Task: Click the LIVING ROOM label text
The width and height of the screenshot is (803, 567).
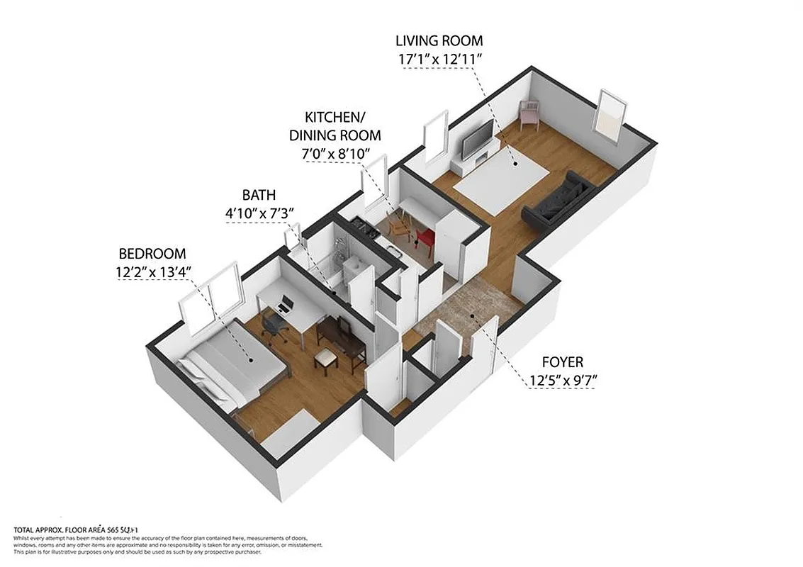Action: point(439,40)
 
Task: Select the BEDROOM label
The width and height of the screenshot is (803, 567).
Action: point(152,253)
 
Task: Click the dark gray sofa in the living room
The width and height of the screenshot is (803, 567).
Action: point(558,201)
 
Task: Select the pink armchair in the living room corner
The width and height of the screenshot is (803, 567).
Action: point(529,113)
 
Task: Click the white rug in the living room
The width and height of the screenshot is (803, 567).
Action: point(502,176)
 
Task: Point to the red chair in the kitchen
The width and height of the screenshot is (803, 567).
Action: point(425,240)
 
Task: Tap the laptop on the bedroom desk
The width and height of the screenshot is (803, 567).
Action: point(285,307)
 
